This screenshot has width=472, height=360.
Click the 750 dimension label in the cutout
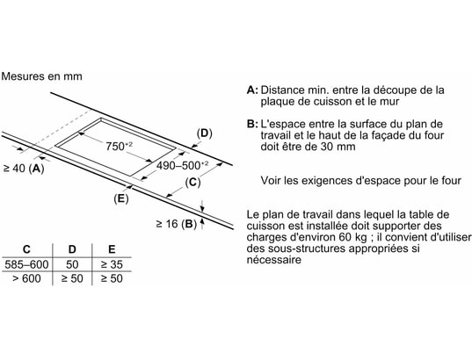pyautogui.click(x=119, y=146)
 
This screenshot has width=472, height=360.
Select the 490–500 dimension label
pyautogui.click(x=182, y=165)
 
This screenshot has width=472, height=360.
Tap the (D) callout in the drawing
pyautogui.click(x=205, y=133)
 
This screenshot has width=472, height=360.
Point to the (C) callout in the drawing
pyautogui.click(x=192, y=183)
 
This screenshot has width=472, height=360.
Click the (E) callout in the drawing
pyautogui.click(x=121, y=198)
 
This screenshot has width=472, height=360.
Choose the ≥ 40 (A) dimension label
pyautogui.click(x=24, y=169)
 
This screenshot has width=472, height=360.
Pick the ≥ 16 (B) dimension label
pyautogui.click(x=177, y=224)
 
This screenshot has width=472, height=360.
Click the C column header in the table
pyautogui.click(x=26, y=249)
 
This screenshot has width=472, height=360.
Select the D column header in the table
pyautogui.click(x=72, y=249)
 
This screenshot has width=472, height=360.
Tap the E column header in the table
pyautogui.click(x=112, y=249)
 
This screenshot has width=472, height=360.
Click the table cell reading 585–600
pyautogui.click(x=26, y=264)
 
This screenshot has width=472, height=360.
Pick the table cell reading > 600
pyautogui.click(x=26, y=278)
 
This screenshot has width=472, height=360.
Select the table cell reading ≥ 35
pyautogui.click(x=112, y=264)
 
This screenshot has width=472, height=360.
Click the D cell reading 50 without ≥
pyautogui.click(x=72, y=264)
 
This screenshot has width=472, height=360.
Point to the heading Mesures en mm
pyautogui.click(x=41, y=76)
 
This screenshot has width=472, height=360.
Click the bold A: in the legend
pyautogui.click(x=252, y=90)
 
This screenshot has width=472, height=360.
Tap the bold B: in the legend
pyautogui.click(x=252, y=124)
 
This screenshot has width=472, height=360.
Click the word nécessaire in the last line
pyautogui.click(x=274, y=260)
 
